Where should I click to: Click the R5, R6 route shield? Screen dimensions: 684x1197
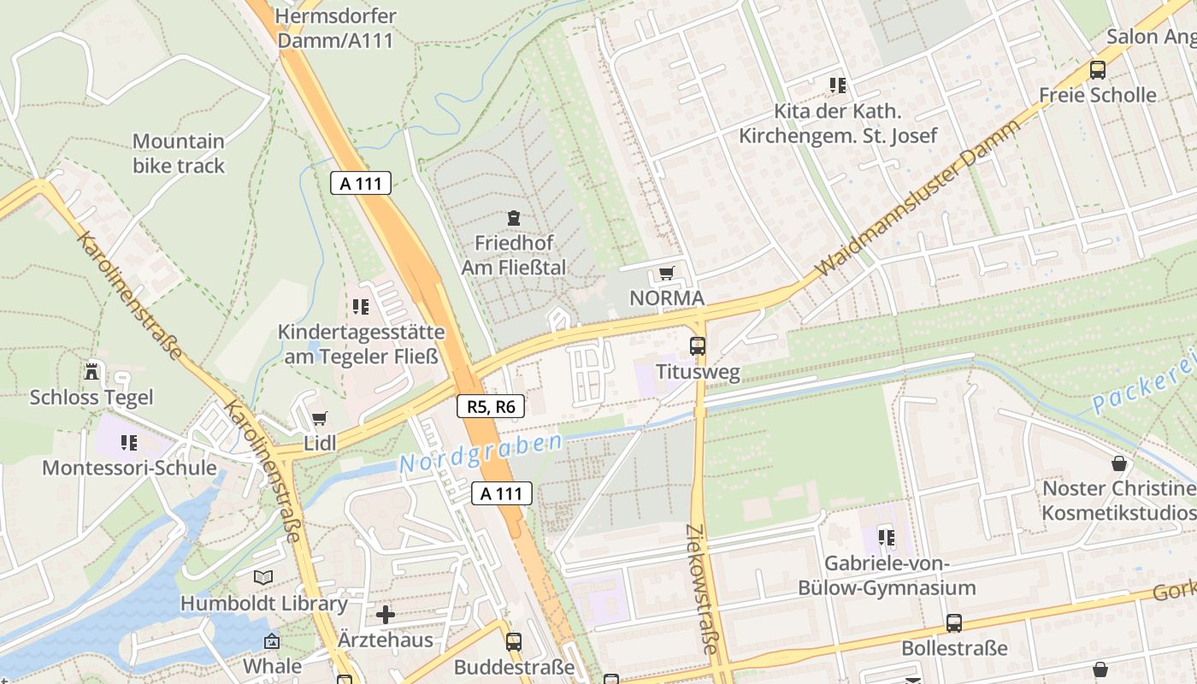[491, 406]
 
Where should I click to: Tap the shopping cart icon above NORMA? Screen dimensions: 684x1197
[666, 274]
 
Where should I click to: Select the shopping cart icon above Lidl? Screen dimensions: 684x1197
[319, 418]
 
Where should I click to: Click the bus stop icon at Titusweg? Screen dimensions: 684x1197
[698, 346]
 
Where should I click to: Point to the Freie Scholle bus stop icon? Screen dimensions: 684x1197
[1097, 70]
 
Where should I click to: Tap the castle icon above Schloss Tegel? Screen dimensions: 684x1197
[91, 372]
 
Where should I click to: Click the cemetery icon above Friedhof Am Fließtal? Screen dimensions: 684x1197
[513, 218]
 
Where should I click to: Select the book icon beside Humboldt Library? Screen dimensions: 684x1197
[263, 578]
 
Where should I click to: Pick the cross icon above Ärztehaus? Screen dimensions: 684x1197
[386, 614]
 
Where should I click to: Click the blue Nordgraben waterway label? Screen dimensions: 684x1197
[481, 452]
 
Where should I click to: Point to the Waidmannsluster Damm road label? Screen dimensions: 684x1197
[918, 198]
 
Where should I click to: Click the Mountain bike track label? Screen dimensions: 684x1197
[179, 153]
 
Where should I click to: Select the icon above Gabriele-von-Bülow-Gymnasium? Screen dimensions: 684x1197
[887, 538]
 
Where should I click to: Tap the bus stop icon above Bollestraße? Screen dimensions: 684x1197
[954, 623]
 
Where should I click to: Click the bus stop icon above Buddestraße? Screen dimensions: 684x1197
[514, 641]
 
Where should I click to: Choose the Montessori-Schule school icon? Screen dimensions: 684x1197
[129, 443]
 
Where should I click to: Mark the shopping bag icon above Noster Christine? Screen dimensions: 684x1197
[1119, 464]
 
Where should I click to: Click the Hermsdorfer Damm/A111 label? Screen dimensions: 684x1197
[336, 27]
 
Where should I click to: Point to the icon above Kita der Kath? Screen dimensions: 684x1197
[838, 85]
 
